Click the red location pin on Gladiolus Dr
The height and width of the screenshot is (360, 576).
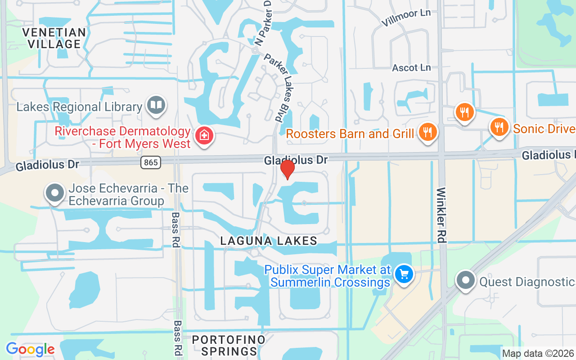pos(287,170)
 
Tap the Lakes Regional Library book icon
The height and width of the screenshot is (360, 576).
pos(156,106)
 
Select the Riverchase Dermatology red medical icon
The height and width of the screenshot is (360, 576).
pos(204,135)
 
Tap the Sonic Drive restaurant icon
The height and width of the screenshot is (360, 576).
pos(499,127)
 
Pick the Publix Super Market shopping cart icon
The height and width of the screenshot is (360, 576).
pos(404,274)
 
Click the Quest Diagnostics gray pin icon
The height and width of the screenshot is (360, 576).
pos(466,280)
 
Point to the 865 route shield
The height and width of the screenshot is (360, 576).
pos(151,162)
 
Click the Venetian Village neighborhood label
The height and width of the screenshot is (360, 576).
pos(54,38)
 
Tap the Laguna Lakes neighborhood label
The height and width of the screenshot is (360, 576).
pos(269,241)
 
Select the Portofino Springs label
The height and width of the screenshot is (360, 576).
pos(229,345)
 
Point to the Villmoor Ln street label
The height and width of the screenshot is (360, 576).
pos(405,18)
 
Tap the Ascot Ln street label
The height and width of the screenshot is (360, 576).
pos(411,67)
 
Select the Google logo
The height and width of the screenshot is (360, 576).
pos(30,349)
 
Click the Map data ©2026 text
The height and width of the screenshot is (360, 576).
pos(538,354)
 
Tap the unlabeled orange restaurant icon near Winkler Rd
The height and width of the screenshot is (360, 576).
pos(464,112)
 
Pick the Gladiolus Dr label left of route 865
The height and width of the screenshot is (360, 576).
pos(47,165)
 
